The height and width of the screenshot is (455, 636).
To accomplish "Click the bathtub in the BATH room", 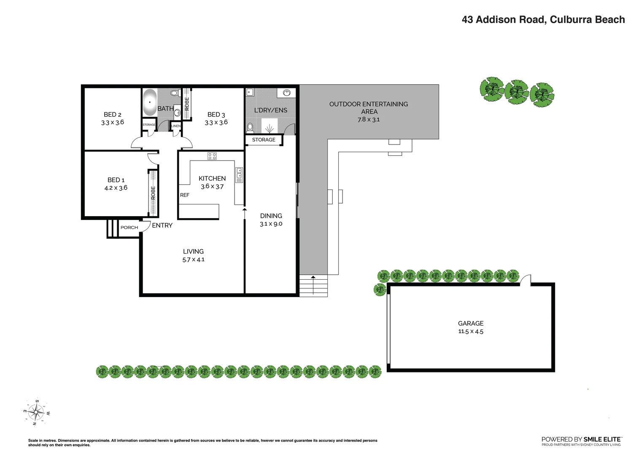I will click(149, 102).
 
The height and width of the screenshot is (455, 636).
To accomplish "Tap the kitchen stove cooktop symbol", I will click(212, 156).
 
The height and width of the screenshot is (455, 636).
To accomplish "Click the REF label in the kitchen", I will click(185, 195).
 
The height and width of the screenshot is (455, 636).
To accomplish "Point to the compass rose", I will click(37, 412).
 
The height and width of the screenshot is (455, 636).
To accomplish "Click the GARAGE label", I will click(471, 324).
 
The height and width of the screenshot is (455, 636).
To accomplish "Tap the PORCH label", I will click(129, 227).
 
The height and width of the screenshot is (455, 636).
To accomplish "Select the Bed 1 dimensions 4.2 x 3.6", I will click(116, 188).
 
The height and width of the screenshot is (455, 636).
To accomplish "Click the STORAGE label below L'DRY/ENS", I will click(264, 140).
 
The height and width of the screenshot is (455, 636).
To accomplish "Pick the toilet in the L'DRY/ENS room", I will click(250, 127).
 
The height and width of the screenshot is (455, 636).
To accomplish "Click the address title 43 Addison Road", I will click(543, 20).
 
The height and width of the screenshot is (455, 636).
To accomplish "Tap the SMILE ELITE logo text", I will click(602, 439).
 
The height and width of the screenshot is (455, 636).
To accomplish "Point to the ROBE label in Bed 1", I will click(153, 193).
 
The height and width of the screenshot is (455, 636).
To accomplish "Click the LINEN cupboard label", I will click(176, 126).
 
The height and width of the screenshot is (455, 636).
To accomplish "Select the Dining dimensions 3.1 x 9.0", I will click(271, 224).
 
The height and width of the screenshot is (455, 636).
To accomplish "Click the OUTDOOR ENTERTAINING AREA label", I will click(369, 108).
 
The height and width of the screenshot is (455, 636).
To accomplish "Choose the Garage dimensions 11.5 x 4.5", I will click(471, 332).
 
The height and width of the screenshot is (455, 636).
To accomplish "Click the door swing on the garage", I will click(526, 279).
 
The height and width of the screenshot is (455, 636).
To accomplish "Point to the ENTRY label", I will click(162, 225).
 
